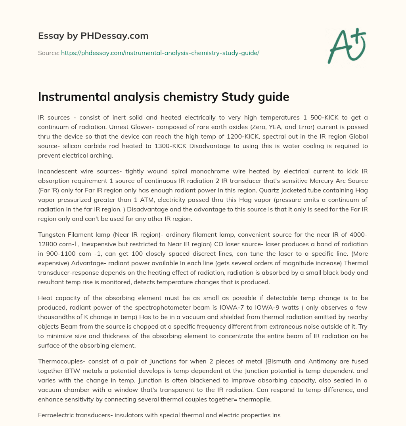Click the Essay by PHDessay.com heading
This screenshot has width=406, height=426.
tap(93, 36)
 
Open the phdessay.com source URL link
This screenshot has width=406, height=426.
tap(160, 53)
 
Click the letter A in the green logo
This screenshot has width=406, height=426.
tap(341, 47)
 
